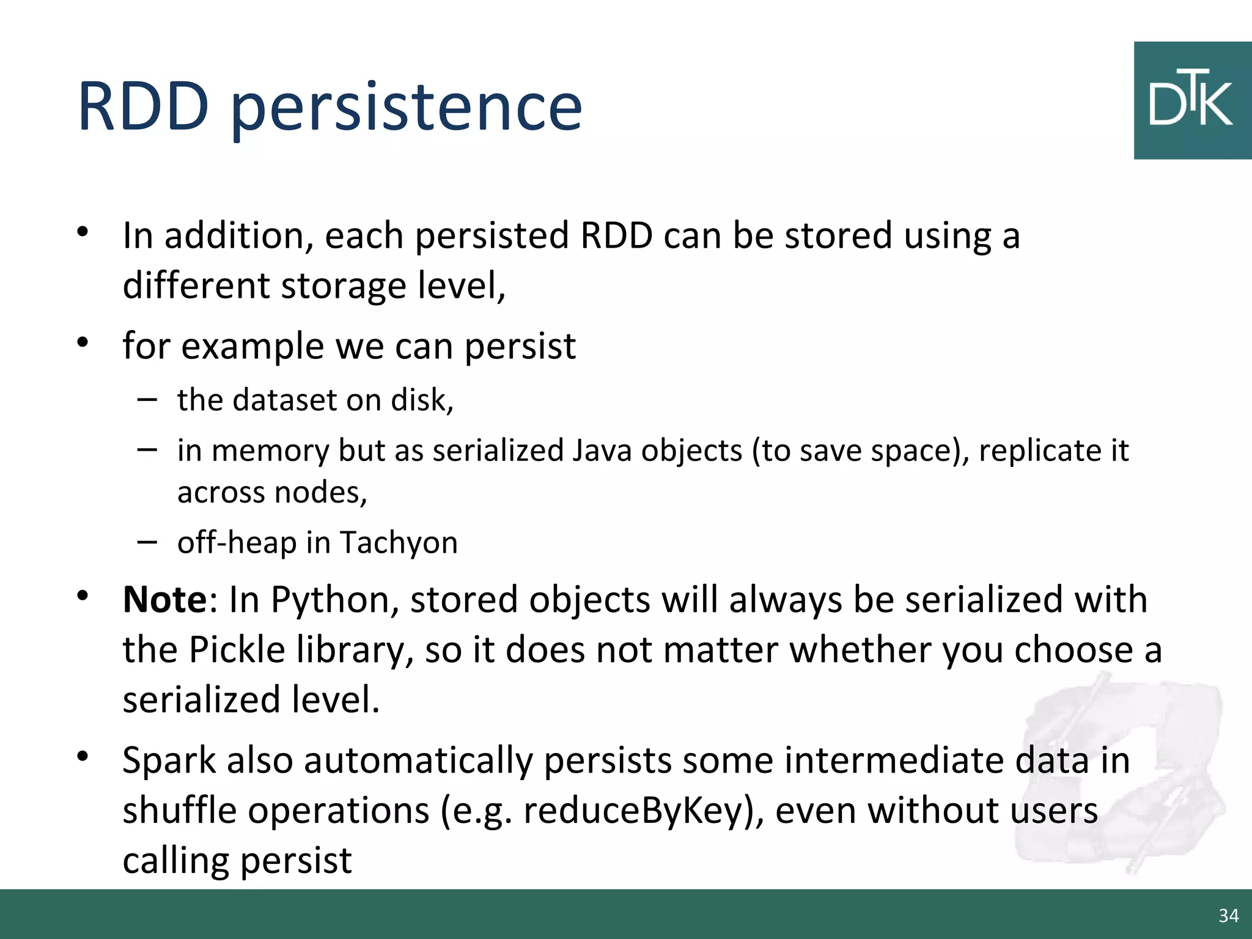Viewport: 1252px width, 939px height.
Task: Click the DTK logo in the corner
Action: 1192,101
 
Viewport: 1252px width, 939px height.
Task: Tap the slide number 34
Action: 1228,915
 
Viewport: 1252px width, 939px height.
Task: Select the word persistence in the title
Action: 407,110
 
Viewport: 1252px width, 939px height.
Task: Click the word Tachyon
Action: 399,542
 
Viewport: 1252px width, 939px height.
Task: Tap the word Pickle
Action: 237,649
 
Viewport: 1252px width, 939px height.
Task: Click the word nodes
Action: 319,492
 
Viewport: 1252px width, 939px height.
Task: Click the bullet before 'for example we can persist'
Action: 83,342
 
